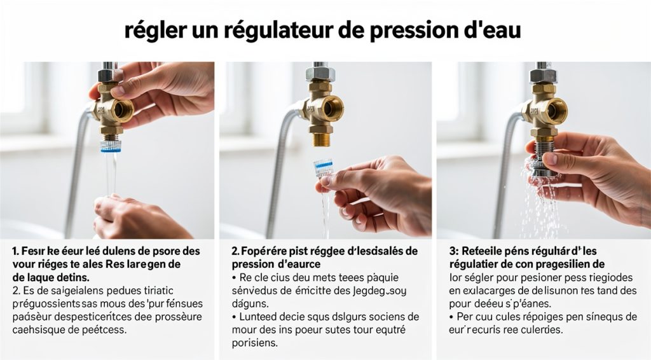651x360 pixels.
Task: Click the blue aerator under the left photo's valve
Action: pyautogui.click(x=111, y=146)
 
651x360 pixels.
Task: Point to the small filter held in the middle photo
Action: pyautogui.click(x=323, y=169)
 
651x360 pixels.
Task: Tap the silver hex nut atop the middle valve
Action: pyautogui.click(x=316, y=73)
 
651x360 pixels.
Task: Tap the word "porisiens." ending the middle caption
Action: pyautogui.click(x=255, y=343)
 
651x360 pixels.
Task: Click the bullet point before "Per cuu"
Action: pyautogui.click(x=452, y=317)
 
